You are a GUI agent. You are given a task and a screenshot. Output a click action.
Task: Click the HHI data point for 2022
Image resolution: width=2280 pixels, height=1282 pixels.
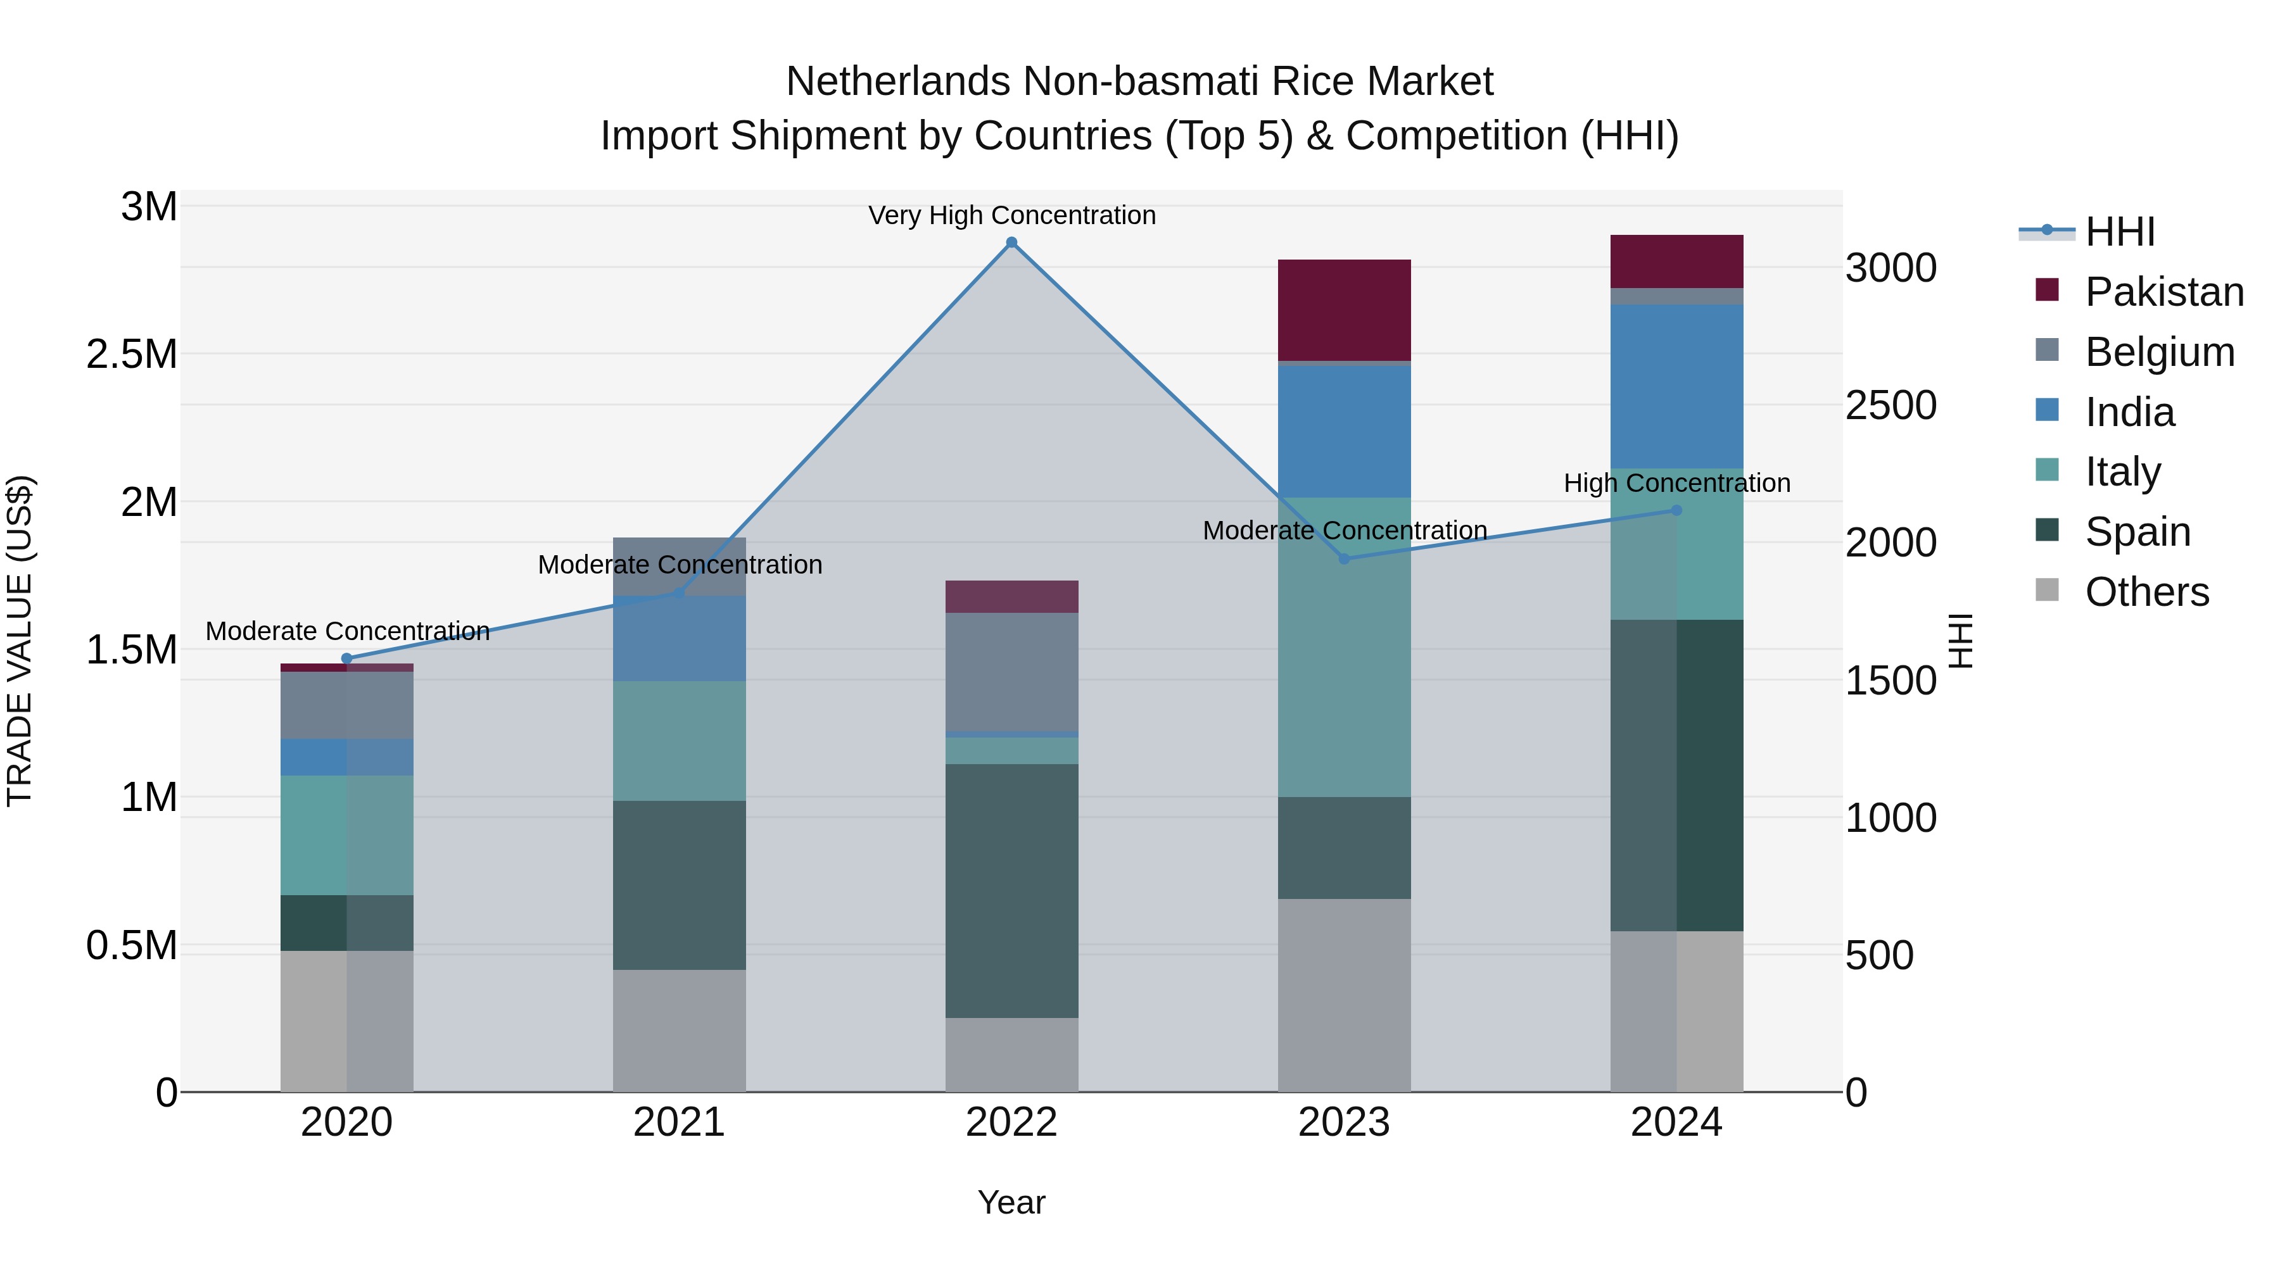pos(1011,242)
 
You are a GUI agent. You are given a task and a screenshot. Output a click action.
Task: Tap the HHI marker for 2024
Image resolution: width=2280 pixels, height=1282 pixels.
pos(1676,510)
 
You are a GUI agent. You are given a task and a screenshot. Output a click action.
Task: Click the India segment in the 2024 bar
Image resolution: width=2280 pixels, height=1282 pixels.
pos(1676,387)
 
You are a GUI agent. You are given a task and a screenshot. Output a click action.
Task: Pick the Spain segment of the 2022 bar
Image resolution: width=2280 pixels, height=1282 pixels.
pos(1011,890)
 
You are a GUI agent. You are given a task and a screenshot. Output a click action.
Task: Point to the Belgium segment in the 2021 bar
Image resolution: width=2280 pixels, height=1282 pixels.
pos(679,566)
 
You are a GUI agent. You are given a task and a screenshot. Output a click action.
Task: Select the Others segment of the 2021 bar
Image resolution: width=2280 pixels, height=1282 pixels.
pos(679,1030)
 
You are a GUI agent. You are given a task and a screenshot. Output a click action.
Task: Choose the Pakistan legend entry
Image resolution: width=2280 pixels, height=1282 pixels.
pos(2164,292)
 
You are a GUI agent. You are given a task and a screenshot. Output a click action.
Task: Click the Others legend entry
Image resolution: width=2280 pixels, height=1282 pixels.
pos(2146,592)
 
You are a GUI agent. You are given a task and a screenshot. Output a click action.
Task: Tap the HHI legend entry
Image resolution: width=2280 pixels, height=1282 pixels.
pos(2120,232)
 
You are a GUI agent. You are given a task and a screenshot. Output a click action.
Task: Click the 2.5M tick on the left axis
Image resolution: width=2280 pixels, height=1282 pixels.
pos(132,354)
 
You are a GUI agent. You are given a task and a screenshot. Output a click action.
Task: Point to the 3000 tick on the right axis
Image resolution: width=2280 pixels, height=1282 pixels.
pos(1890,268)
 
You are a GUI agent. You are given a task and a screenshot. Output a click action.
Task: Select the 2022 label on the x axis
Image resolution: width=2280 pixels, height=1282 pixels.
pos(1011,1122)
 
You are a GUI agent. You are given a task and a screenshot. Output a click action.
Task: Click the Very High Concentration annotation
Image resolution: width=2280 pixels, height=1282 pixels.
pos(1011,215)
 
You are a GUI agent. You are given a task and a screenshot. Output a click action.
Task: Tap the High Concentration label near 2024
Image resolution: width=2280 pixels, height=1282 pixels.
pos(1676,483)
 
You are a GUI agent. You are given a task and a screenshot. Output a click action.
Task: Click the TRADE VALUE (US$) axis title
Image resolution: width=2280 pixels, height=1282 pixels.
pos(20,641)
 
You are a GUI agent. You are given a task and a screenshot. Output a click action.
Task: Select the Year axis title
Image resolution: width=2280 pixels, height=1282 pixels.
pos(1011,1202)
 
